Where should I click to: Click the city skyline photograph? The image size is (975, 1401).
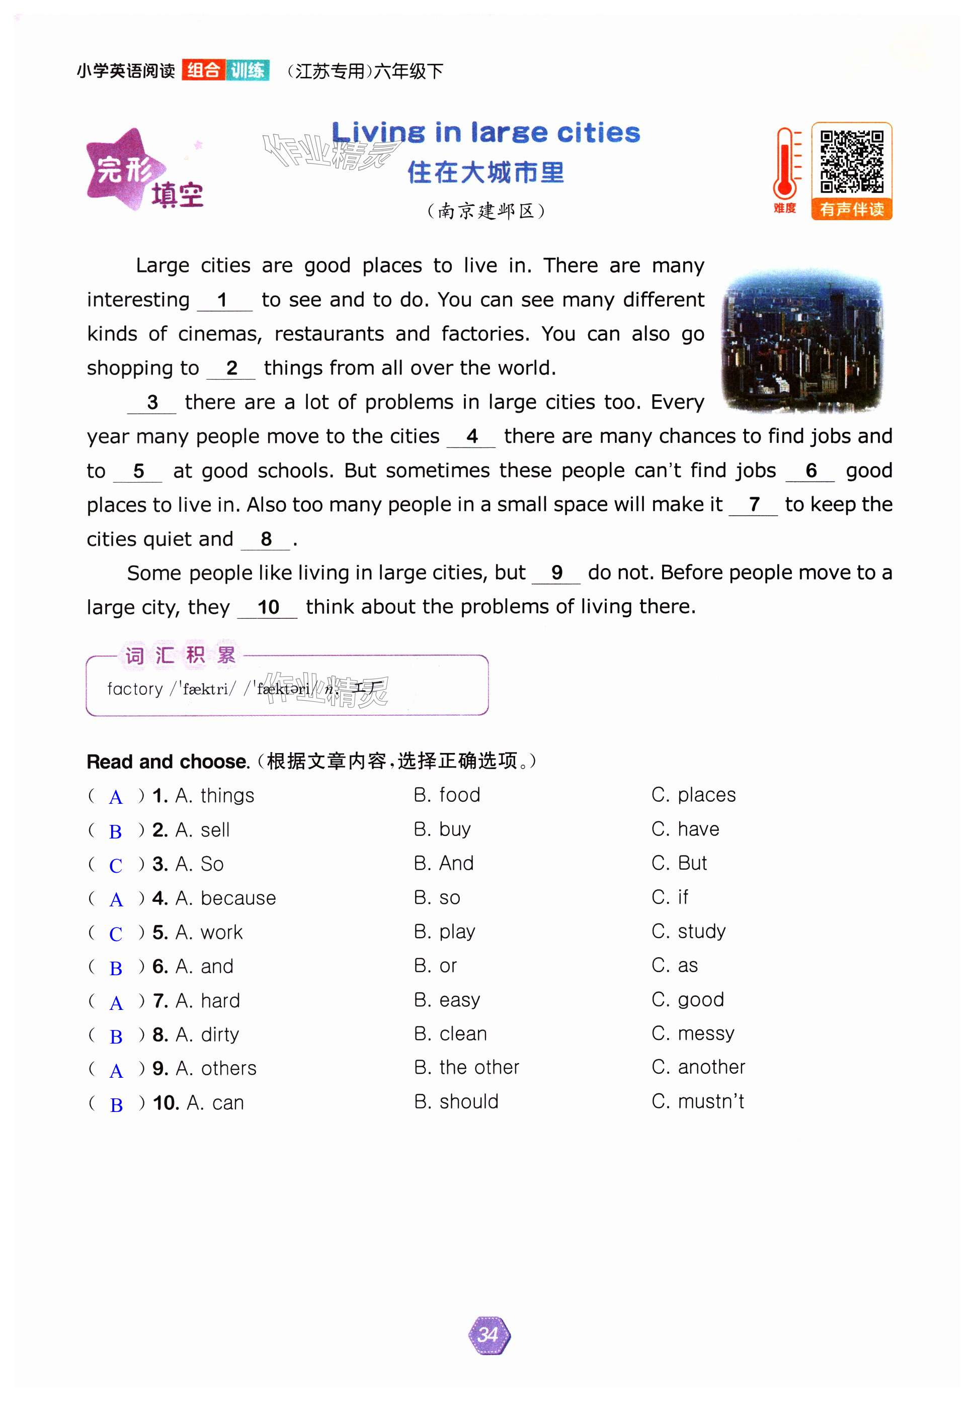[x=801, y=340]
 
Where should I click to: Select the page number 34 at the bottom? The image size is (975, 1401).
[x=489, y=1335]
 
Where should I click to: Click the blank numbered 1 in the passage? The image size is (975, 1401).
[x=223, y=300]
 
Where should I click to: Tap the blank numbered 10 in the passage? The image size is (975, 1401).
[x=268, y=607]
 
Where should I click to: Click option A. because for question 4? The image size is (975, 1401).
[x=225, y=898]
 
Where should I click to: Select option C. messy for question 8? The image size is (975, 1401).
[x=692, y=1033]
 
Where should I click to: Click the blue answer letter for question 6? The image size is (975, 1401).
[x=115, y=968]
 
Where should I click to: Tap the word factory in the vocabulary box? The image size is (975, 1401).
[x=135, y=689]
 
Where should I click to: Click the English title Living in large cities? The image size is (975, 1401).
[x=485, y=132]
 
